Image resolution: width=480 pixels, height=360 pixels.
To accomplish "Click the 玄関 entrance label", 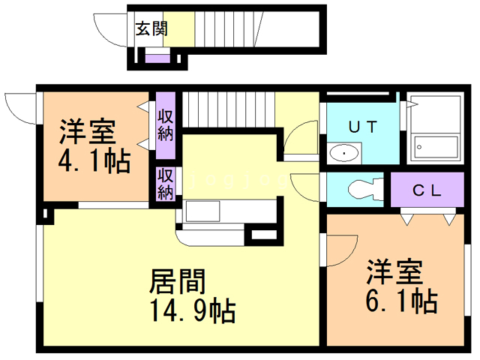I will pos(151,29).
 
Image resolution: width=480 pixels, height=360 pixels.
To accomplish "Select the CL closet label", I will pos(428,189).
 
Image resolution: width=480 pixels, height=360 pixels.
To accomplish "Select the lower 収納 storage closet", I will pos(166,184).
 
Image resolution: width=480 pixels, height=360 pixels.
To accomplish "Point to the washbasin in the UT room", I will pos(344,153).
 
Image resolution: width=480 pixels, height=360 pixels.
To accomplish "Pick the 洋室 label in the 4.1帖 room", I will pos(88,132).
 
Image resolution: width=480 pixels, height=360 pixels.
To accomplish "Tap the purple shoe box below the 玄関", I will pos(157,58).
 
